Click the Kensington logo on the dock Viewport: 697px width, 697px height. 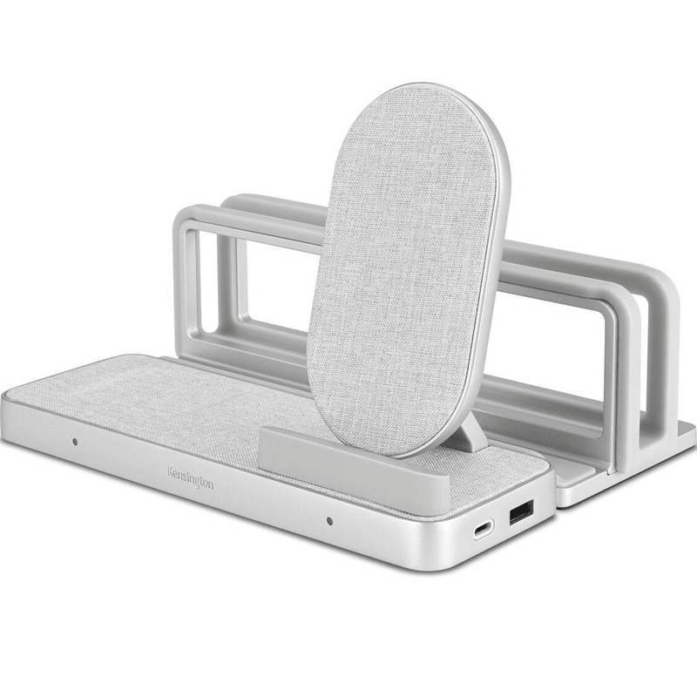click(190, 477)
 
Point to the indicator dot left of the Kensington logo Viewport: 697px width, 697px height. click(75, 442)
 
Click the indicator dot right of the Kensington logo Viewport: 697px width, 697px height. click(328, 522)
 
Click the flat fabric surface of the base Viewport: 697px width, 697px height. click(174, 401)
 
